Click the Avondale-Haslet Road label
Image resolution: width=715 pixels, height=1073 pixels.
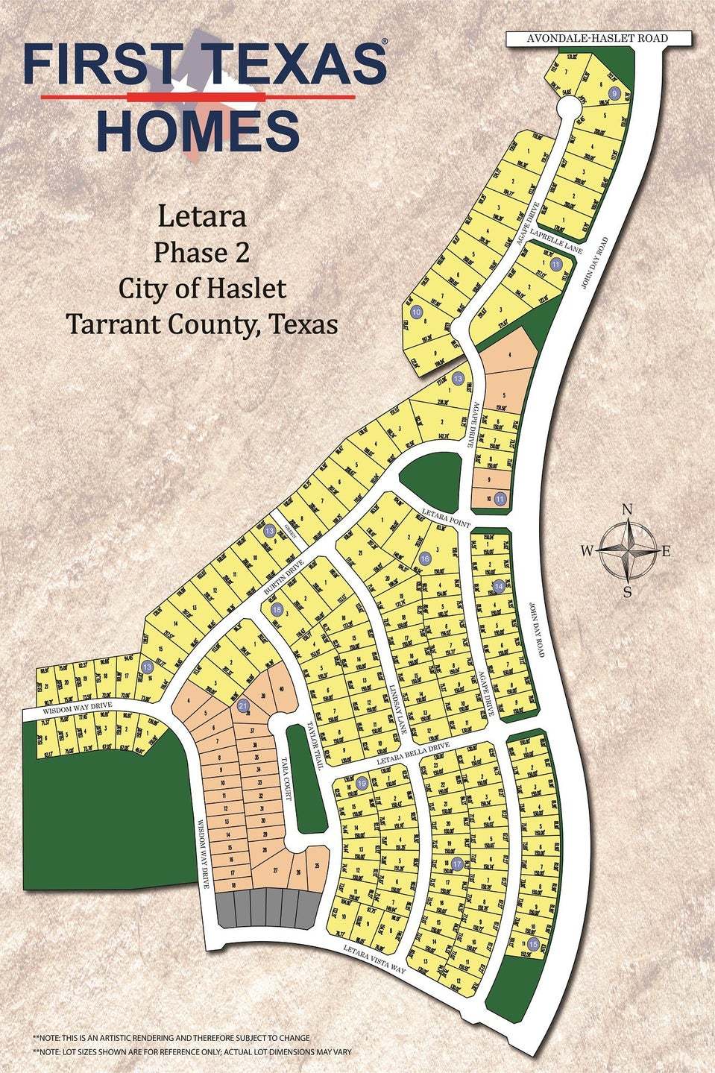(587, 38)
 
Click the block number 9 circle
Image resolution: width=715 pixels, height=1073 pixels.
(615, 92)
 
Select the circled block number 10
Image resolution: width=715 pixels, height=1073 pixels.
(416, 312)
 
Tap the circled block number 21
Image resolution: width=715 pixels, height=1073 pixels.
(242, 705)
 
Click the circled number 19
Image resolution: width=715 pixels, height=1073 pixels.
(362, 784)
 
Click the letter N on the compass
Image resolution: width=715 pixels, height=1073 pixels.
(628, 510)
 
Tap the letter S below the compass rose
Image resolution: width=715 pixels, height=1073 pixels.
(628, 593)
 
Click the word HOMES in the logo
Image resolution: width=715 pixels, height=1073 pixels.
(198, 130)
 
